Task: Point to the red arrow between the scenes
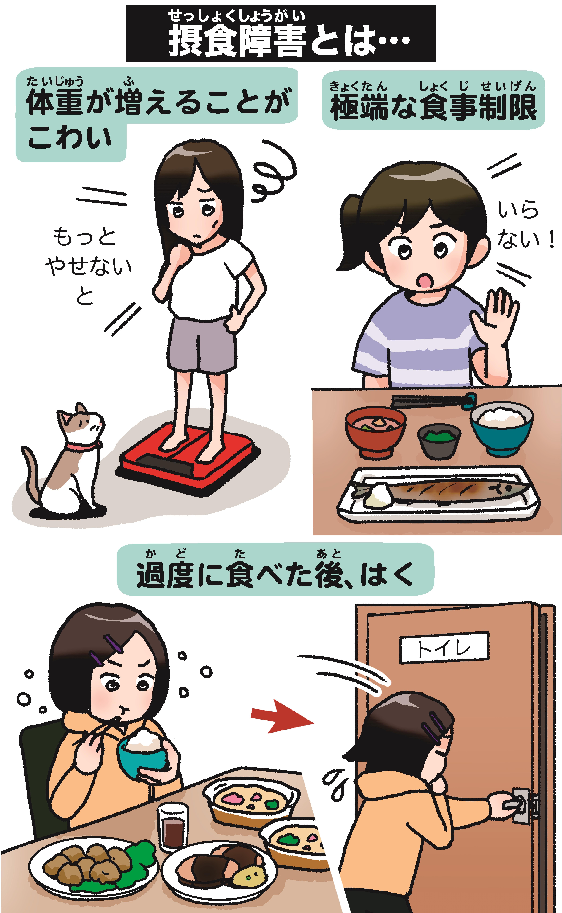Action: point(283,716)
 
